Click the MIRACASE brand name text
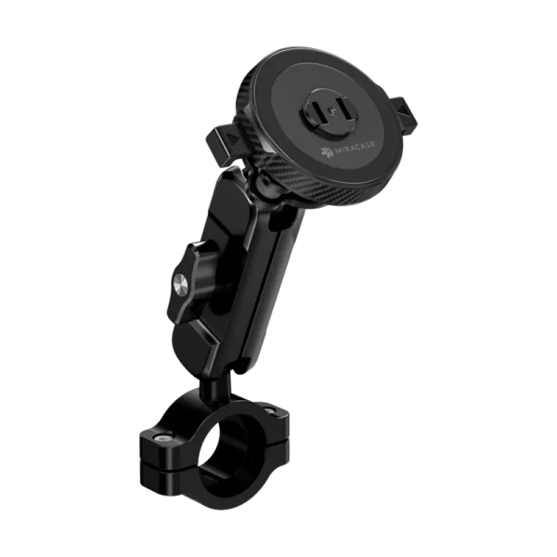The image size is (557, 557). tap(355, 149)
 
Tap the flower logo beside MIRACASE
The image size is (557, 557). tap(327, 152)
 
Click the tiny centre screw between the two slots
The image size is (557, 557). tap(331, 110)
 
